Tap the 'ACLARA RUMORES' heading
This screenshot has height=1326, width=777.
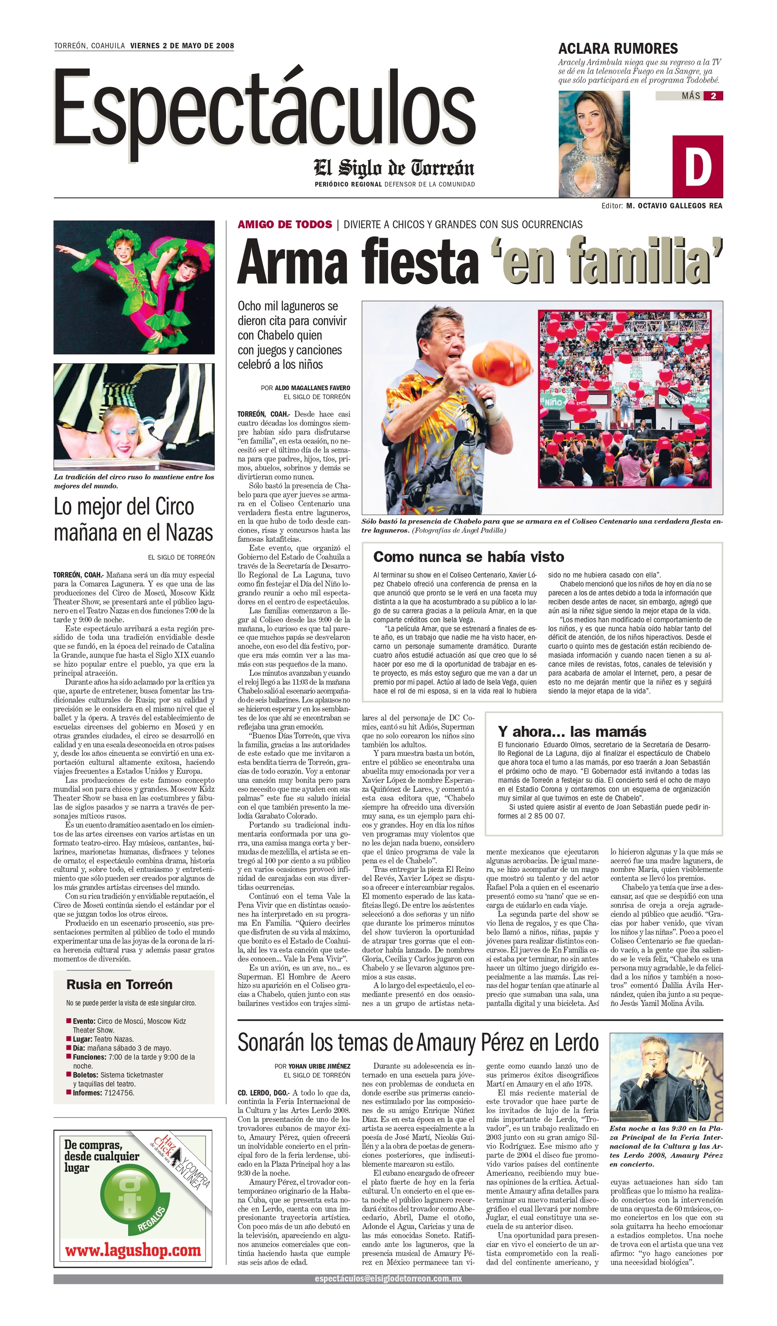(618, 49)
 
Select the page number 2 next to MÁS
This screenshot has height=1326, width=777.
(713, 96)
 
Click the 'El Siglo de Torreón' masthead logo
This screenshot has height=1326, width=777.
(394, 168)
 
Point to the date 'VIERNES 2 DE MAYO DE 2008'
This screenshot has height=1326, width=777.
(182, 46)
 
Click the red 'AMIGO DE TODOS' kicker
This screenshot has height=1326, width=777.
(284, 225)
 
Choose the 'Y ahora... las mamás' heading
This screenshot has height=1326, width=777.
(572, 732)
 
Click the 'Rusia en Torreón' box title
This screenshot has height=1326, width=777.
(119, 985)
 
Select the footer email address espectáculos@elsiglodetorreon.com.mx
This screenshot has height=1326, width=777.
(388, 1279)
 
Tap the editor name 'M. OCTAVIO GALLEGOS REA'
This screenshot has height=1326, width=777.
(674, 206)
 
